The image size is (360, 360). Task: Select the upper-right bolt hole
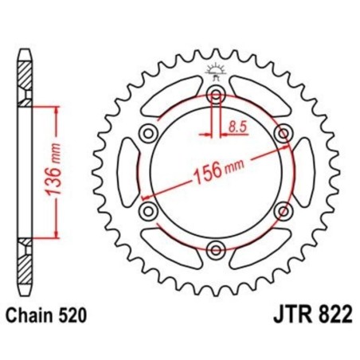[x=282, y=133]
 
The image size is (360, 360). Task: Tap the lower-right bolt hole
[x=282, y=210]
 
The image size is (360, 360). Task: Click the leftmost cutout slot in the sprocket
[x=125, y=172]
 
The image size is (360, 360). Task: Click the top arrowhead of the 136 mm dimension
[x=57, y=106]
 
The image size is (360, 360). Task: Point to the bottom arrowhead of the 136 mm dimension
[x=57, y=238]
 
